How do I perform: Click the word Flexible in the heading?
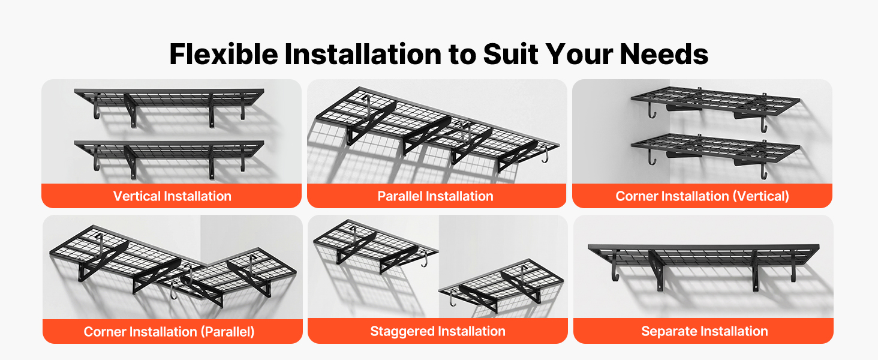(x=224, y=54)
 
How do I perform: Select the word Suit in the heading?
(x=511, y=54)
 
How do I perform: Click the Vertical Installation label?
(x=172, y=196)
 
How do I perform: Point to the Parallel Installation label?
(x=435, y=196)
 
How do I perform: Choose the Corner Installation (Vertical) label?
(x=702, y=196)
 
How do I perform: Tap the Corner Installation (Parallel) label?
(x=169, y=332)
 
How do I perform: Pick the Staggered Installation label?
(x=437, y=331)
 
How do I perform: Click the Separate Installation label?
(x=704, y=331)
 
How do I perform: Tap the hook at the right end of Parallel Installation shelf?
(x=545, y=154)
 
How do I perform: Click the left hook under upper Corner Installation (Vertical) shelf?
(x=651, y=110)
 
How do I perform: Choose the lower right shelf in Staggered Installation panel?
(x=501, y=285)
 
